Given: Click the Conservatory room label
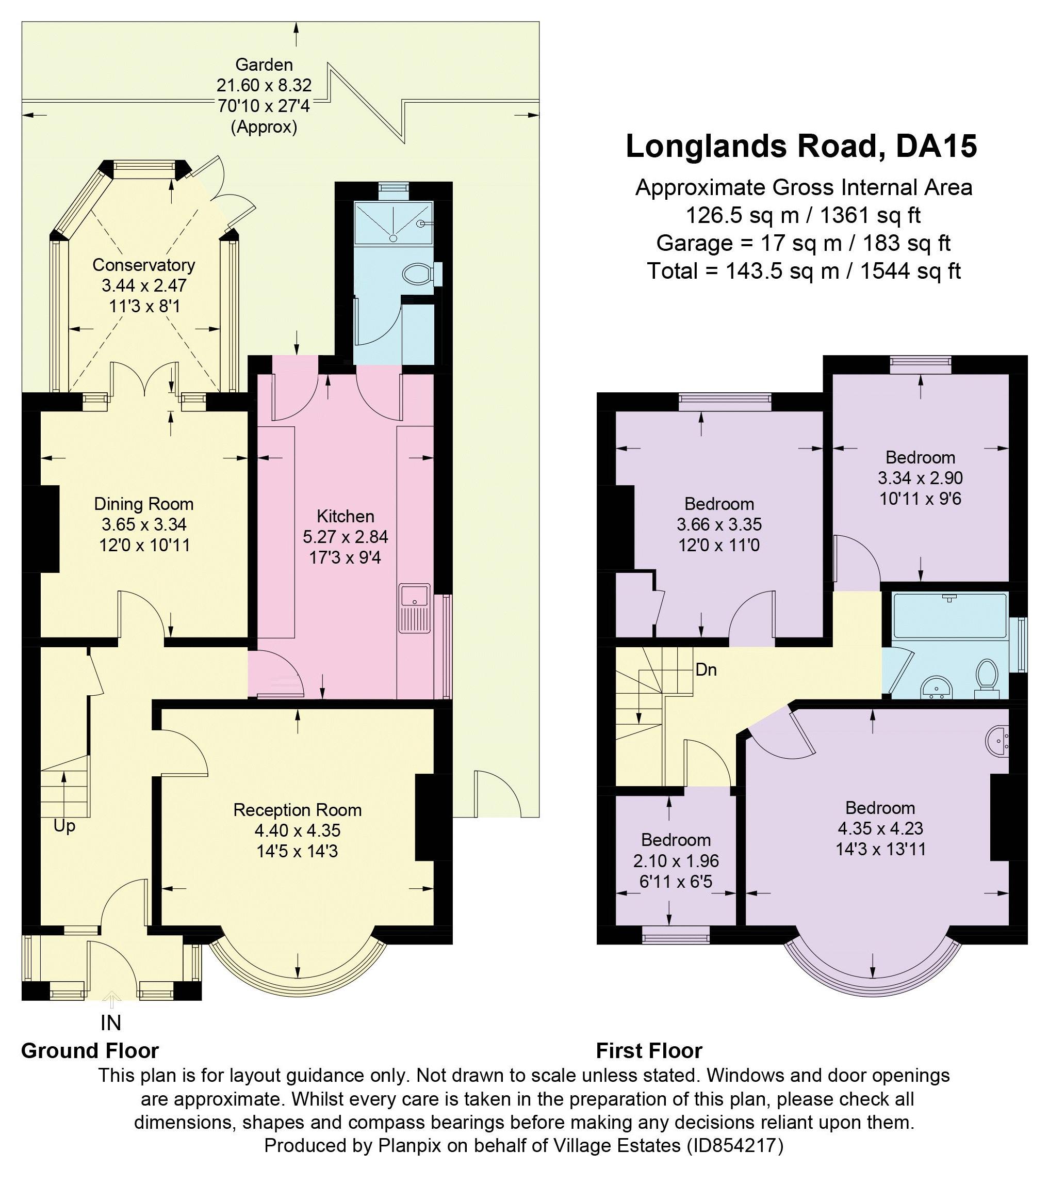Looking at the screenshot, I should tap(143, 265).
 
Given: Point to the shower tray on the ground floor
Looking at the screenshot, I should tap(394, 223).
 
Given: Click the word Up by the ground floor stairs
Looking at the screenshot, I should tap(64, 826).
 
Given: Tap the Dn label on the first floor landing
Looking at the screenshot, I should tap(706, 669).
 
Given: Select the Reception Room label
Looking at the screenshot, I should tap(297, 810).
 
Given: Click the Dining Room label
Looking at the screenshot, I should tap(143, 504).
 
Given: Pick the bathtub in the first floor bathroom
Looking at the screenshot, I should tap(949, 616).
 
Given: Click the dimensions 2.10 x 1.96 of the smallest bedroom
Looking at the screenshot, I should tap(676, 861).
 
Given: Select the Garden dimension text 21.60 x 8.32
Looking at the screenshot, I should tap(264, 86).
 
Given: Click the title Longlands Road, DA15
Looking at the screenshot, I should tap(801, 146).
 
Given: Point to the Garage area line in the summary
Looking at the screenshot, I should tap(803, 243).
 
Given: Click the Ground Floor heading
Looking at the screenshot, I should tap(90, 1050).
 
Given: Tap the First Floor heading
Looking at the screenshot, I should tap(649, 1050).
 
